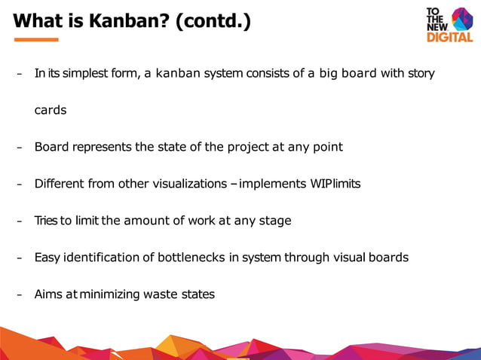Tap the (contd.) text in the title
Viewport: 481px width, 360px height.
[213, 21]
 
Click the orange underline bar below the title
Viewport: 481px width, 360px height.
[35, 39]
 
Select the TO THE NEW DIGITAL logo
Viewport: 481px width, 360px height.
[449, 24]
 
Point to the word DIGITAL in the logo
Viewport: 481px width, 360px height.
[449, 37]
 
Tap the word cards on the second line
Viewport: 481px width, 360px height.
[51, 110]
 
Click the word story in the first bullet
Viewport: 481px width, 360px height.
[421, 73]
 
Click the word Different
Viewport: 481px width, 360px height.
[59, 184]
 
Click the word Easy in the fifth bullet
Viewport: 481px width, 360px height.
[47, 258]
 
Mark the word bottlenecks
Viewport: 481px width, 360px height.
[191, 258]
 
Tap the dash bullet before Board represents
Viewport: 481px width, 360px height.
[20, 148]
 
